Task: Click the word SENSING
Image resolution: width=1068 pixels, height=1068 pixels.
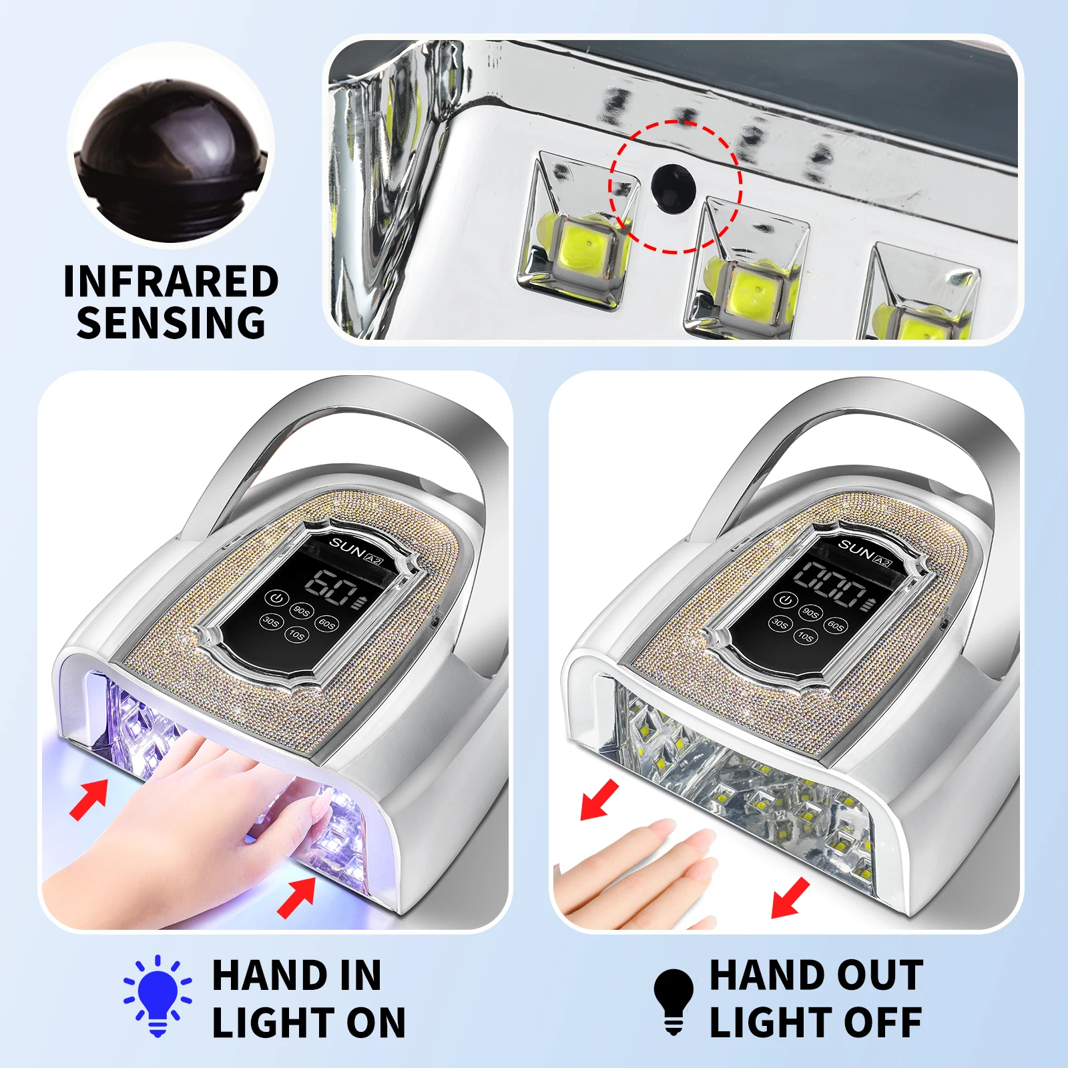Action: (x=171, y=323)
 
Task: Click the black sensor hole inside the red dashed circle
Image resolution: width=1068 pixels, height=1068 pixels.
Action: (x=673, y=188)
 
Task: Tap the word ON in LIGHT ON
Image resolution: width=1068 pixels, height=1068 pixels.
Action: (x=376, y=1023)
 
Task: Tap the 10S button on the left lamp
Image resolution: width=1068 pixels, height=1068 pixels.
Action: (x=296, y=634)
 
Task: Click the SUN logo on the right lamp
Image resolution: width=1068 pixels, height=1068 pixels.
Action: (x=855, y=549)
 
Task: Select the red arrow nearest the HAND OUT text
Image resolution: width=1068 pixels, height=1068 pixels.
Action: (x=790, y=898)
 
